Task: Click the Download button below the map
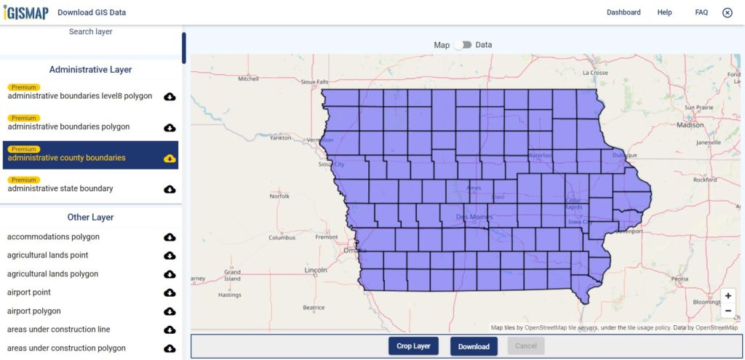[474, 346]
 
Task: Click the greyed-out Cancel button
[525, 346]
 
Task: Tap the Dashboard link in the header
[624, 12]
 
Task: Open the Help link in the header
[664, 12]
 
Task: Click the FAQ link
[701, 12]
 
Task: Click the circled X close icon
[727, 12]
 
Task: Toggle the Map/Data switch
[463, 45]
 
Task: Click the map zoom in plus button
[728, 296]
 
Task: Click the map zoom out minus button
[728, 311]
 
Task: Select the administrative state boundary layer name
[60, 188]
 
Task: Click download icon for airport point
[170, 292]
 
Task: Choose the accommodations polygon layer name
[53, 237]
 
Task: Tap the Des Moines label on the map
[474, 217]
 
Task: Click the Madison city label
[690, 125]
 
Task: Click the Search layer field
[91, 32]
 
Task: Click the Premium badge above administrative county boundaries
[24, 149]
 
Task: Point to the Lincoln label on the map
[316, 270]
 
